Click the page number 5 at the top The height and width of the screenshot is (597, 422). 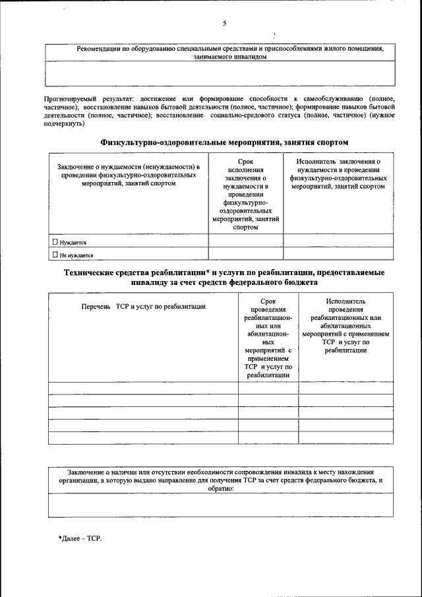pyautogui.click(x=224, y=23)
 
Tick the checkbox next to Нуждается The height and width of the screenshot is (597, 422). pyautogui.click(x=55, y=242)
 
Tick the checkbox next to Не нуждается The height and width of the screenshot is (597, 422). pyautogui.click(x=55, y=254)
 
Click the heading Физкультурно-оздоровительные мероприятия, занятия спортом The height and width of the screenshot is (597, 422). pyautogui.click(x=224, y=142)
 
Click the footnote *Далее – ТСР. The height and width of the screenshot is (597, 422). pyautogui.click(x=80, y=538)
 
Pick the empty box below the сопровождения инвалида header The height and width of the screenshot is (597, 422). pyautogui.click(x=221, y=505)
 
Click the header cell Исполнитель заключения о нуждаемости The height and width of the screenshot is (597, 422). pyautogui.click(x=338, y=173)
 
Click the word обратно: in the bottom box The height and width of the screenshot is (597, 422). pyautogui.click(x=221, y=489)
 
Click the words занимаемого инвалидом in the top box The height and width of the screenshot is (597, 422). pyautogui.click(x=221, y=57)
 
